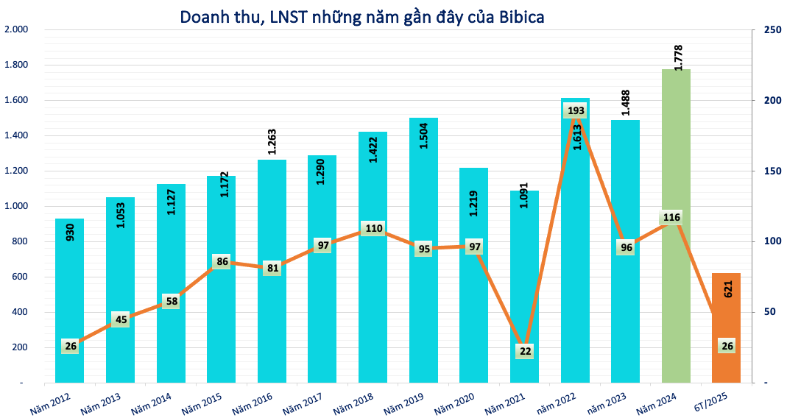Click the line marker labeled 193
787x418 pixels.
tap(575, 111)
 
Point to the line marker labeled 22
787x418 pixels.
tap(525, 352)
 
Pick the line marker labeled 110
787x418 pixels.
tap(373, 228)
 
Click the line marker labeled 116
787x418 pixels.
tap(671, 218)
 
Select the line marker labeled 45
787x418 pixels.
tap(120, 319)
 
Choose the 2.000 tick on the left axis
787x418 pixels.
tap(16, 30)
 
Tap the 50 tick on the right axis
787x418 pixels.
tap(769, 312)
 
